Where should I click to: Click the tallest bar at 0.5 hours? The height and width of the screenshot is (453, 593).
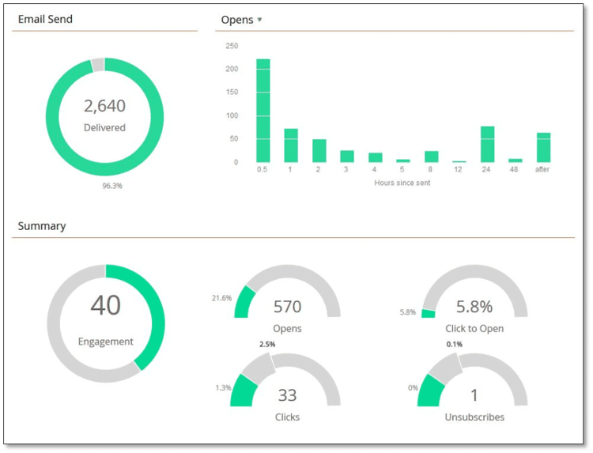tap(263, 111)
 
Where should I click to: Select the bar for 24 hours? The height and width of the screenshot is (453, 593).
tap(487, 145)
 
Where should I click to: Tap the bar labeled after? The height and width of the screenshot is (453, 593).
tap(543, 148)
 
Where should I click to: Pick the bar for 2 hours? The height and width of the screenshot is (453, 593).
tap(319, 151)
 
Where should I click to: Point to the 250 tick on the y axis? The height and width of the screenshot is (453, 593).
tap(232, 46)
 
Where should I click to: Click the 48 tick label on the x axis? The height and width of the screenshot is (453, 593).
tap(516, 169)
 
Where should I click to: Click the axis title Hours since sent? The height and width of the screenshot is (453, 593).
tap(402, 183)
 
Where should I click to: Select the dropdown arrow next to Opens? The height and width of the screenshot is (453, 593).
tap(259, 20)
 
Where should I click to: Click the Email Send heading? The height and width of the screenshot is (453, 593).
tap(45, 19)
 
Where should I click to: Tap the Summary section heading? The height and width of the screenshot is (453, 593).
tap(42, 226)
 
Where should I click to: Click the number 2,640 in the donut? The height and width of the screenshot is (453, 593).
tap(104, 106)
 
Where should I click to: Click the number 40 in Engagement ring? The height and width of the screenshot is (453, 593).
tap(105, 306)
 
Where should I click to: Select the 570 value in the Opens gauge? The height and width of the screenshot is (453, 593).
tap(287, 307)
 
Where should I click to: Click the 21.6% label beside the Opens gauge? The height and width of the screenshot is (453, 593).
tap(221, 298)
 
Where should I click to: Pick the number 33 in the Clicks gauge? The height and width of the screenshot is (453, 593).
tap(287, 395)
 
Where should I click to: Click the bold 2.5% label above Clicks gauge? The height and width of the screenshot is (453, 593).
tap(266, 345)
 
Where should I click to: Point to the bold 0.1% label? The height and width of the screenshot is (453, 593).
tap(455, 345)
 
